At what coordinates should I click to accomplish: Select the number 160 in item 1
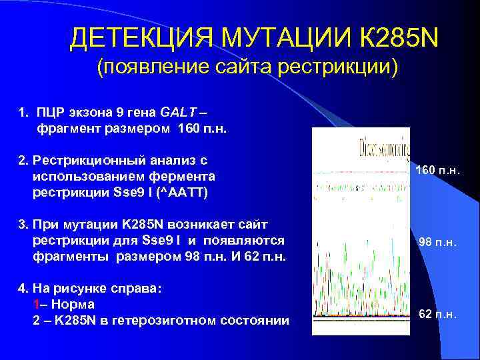[189, 127]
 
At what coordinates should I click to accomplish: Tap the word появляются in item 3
[253, 240]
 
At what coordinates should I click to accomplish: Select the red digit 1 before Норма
[35, 305]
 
